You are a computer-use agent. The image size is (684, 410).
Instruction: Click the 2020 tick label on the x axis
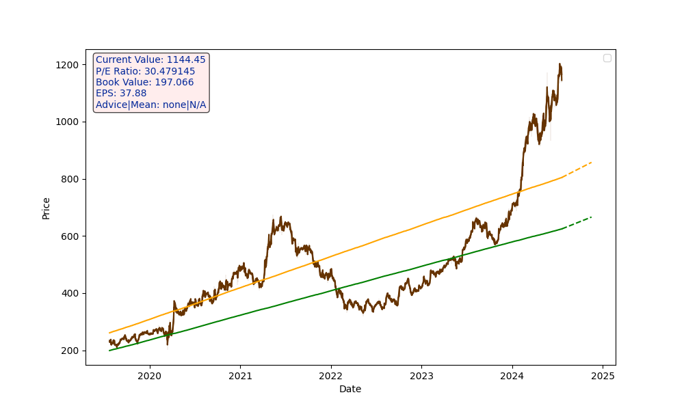click(x=149, y=376)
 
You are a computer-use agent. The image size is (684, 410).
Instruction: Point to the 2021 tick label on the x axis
click(x=240, y=376)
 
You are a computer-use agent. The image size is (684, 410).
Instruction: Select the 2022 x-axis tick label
click(x=330, y=376)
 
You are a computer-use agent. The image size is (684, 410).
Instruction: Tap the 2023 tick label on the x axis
click(x=421, y=376)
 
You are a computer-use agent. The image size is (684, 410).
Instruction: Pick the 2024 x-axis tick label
click(x=512, y=376)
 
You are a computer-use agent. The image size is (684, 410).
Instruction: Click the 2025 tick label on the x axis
click(x=603, y=376)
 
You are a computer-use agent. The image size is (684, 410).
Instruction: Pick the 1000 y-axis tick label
click(x=69, y=122)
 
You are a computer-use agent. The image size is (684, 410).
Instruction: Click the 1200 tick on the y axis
click(x=69, y=65)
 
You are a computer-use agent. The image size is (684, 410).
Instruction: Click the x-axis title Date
click(x=350, y=389)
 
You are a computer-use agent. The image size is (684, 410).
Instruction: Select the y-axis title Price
click(x=47, y=208)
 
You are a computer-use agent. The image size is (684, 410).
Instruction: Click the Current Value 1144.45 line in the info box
click(x=150, y=60)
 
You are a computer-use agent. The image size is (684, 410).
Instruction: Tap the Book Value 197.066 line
click(x=144, y=83)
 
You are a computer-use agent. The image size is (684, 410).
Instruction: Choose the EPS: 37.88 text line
click(x=121, y=94)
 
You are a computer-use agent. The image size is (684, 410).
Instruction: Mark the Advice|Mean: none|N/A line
click(x=150, y=105)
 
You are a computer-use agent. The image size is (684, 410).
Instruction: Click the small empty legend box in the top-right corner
click(x=607, y=58)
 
